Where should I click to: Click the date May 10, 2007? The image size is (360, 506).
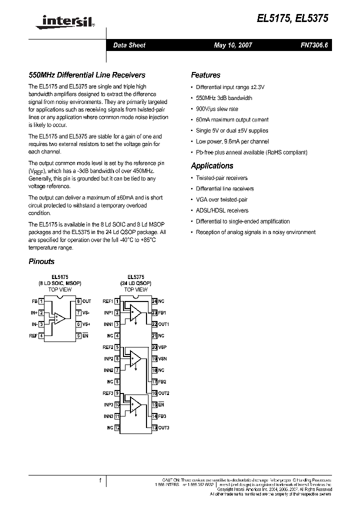[233, 45]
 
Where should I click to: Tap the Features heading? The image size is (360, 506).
[205, 75]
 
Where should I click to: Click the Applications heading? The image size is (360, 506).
[212, 166]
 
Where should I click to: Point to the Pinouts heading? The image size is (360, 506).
[41, 261]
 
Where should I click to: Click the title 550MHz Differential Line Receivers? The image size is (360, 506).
[86, 75]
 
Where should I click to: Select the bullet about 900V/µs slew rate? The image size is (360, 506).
[216, 109]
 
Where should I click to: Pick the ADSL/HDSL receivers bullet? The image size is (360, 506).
[221, 210]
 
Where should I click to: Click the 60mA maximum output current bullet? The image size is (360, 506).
[231, 120]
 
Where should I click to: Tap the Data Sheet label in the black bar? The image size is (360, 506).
[129, 45]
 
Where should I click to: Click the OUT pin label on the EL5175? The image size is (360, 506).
[86, 301]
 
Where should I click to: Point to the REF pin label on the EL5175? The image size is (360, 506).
[33, 335]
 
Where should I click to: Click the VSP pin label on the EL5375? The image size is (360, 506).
[162, 347]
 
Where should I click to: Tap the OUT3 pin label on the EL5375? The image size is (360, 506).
[163, 427]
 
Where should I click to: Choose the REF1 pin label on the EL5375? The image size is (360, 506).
[108, 301]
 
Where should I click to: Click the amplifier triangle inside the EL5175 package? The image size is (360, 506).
[59, 318]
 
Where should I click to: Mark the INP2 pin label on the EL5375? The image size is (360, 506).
[108, 358]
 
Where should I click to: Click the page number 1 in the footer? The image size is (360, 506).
[100, 480]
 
